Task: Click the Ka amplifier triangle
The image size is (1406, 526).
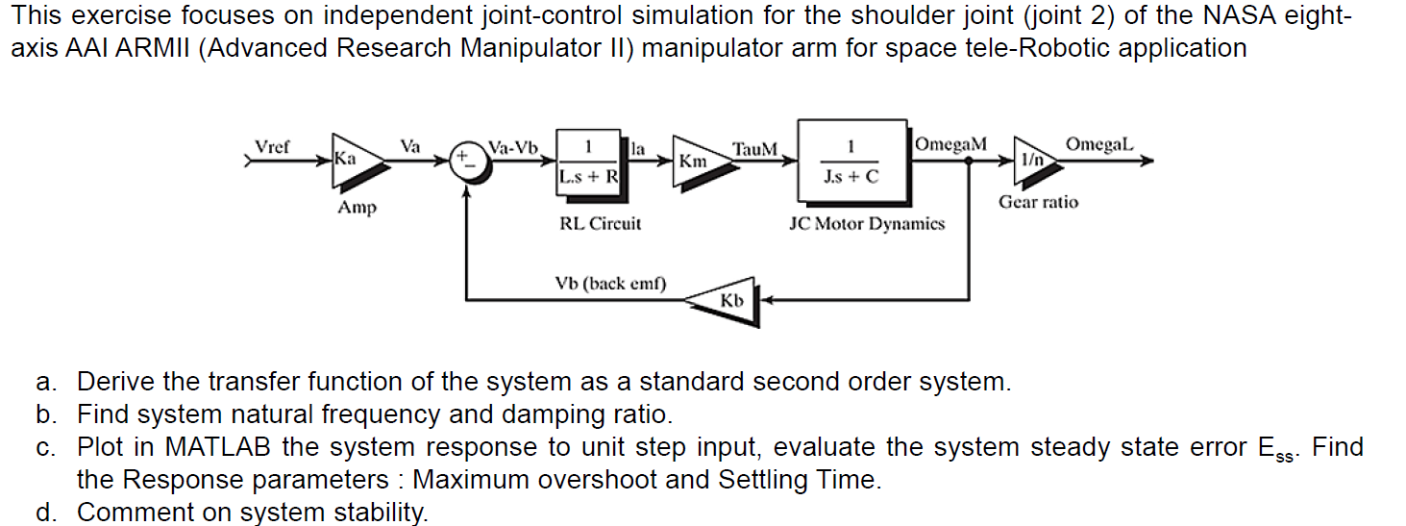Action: [358, 161]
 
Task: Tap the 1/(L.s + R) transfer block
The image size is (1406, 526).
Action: [590, 164]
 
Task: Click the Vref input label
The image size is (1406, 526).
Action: [272, 147]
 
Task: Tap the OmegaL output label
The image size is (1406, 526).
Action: [1099, 144]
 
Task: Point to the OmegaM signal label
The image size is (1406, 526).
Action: [950, 144]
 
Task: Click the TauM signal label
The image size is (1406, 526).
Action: [754, 149]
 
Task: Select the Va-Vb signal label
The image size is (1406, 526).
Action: [513, 147]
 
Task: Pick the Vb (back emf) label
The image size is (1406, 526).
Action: [610, 284]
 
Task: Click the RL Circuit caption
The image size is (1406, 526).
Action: [600, 223]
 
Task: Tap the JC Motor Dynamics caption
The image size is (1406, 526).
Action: [867, 224]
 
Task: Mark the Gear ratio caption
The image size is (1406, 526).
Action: [1038, 202]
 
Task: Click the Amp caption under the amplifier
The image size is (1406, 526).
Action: [358, 208]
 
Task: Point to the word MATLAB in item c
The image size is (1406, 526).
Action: [218, 447]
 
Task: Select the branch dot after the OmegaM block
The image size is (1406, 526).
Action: [969, 162]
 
